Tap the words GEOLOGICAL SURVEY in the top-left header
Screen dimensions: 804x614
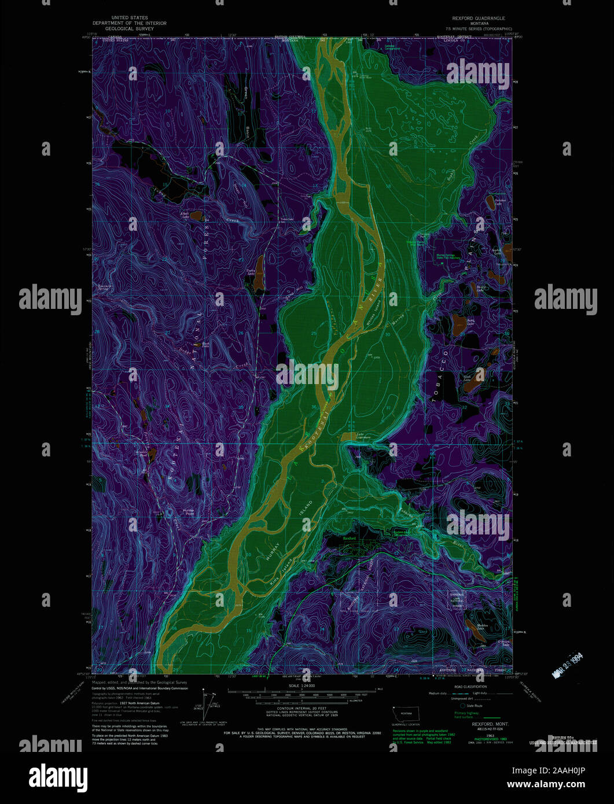(128, 28)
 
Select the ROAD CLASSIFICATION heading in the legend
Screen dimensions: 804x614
(469, 687)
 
